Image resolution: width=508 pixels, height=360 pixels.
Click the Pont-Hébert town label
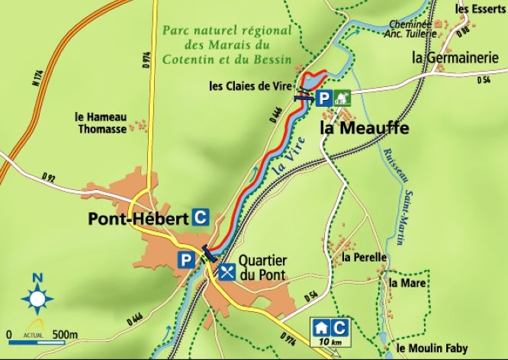pyautogui.click(x=138, y=219)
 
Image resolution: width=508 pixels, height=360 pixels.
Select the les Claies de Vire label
pyautogui.click(x=252, y=86)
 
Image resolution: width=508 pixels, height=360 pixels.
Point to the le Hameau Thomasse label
pyautogui.click(x=101, y=123)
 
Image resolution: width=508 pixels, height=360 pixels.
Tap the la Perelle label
pyautogui.click(x=365, y=258)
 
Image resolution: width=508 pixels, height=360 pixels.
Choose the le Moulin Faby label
pyautogui.click(x=432, y=349)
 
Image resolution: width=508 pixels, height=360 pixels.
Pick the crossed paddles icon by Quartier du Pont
pyautogui.click(x=227, y=272)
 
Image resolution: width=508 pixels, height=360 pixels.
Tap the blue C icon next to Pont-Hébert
pyautogui.click(x=201, y=217)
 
